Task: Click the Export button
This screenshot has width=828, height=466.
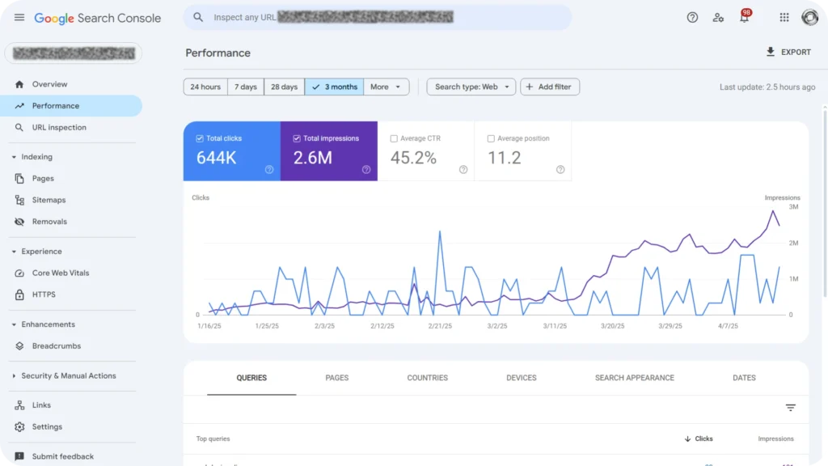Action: pos(788,53)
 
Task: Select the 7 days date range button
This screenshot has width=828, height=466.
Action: pos(246,87)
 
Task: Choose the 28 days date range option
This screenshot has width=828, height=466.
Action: pos(284,87)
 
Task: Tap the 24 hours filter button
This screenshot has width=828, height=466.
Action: pos(205,87)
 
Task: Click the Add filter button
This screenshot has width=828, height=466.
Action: pos(550,87)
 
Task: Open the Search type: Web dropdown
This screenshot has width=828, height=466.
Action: pos(471,87)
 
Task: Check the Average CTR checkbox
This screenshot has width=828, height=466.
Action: pos(394,138)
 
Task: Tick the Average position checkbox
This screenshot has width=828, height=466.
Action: pos(491,138)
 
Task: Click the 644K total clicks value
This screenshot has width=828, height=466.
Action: pos(216,158)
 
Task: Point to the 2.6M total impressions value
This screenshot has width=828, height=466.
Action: pos(312,158)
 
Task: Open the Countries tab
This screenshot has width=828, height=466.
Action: pos(427,378)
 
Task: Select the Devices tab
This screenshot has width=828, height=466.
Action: pos(521,378)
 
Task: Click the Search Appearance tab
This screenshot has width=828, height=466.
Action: pos(634,378)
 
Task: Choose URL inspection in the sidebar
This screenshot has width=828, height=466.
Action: pos(59,128)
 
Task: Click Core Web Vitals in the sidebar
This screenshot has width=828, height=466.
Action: pos(61,273)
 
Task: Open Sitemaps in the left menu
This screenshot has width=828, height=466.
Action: pos(49,200)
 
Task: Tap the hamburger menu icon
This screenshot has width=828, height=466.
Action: pos(19,18)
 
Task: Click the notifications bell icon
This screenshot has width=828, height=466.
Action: pos(744,18)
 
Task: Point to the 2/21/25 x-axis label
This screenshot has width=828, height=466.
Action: pos(440,326)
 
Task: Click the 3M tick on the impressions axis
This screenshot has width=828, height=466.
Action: pos(793,207)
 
